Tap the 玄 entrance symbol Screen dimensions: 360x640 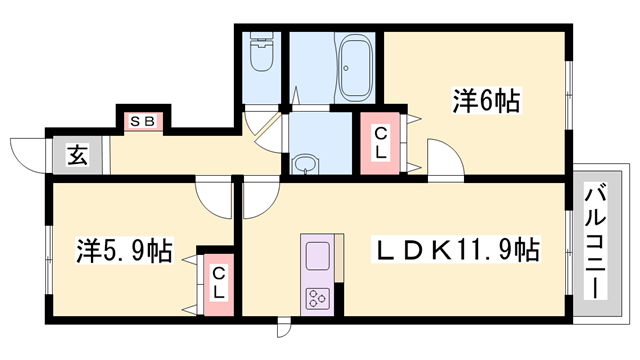tap(76, 155)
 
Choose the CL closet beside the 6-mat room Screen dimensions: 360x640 tap(381, 146)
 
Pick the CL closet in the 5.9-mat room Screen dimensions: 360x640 tap(218, 280)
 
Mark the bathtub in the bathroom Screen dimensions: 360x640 tap(355, 66)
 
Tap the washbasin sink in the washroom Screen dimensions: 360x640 tap(305, 163)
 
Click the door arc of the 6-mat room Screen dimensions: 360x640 tap(442, 160)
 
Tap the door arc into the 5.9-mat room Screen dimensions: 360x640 tap(214, 197)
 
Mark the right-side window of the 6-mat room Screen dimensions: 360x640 tap(568, 100)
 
